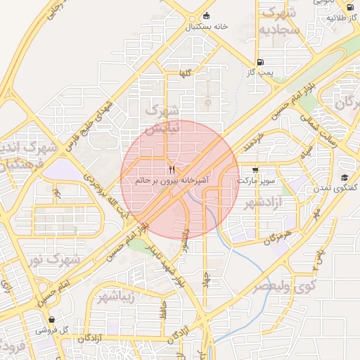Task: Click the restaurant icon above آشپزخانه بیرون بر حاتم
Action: click(171, 170)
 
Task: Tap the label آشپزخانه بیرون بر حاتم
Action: click(171, 181)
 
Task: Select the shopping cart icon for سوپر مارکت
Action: click(255, 169)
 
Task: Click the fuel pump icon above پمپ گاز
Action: click(261, 62)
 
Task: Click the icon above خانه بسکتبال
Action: click(205, 15)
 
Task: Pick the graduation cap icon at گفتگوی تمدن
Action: click(345, 177)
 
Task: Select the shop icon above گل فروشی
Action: click(52, 320)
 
